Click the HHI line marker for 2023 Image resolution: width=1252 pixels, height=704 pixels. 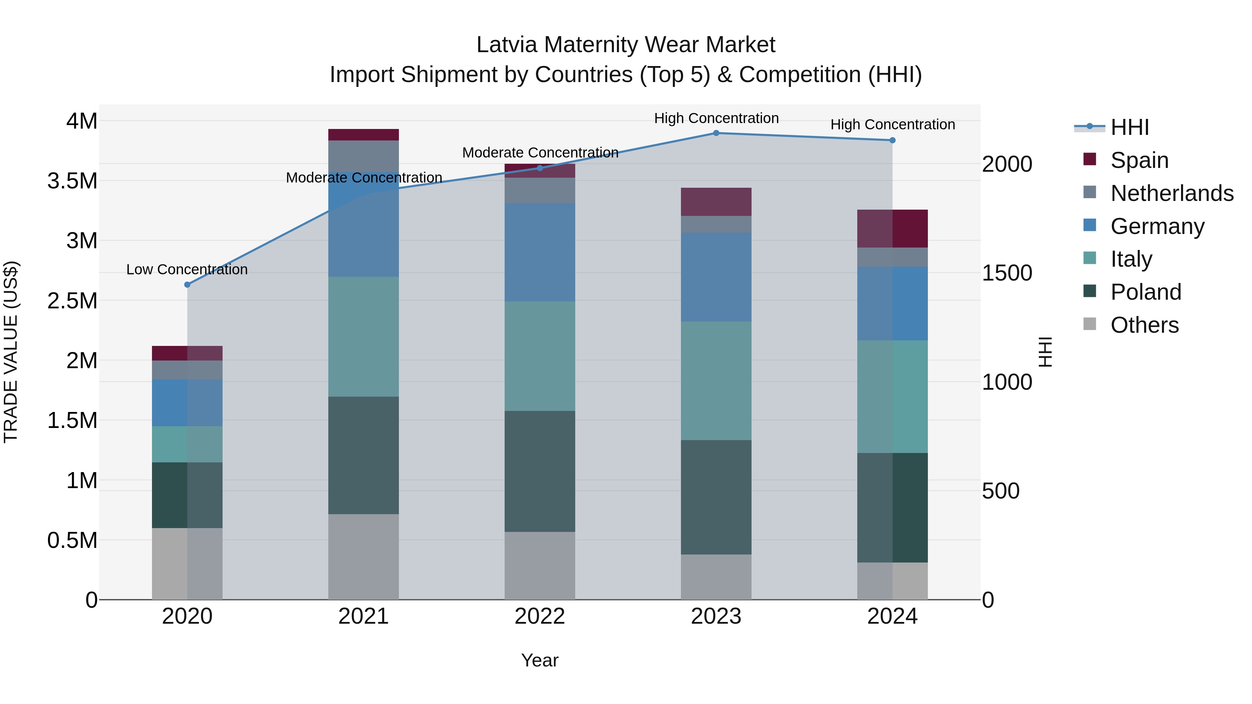[716, 133]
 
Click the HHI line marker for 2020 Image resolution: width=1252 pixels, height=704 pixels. [187, 285]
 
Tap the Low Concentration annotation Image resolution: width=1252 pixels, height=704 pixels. [187, 270]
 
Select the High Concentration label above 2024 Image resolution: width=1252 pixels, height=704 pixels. [892, 125]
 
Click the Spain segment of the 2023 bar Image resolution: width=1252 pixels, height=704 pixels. [716, 202]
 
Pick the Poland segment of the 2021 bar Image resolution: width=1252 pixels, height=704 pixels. [363, 455]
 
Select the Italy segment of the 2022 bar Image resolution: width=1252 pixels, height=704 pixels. [539, 356]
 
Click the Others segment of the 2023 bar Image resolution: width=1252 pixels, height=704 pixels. [716, 577]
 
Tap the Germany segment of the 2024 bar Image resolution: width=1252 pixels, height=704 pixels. [892, 304]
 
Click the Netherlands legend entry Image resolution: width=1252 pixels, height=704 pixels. [1171, 193]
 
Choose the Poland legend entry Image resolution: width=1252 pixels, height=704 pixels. [1145, 292]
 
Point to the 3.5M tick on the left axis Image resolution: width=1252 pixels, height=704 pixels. [72, 181]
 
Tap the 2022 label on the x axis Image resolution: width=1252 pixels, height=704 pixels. [539, 616]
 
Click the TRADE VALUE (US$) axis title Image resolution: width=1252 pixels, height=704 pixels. [11, 352]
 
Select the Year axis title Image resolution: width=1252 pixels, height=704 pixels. [539, 660]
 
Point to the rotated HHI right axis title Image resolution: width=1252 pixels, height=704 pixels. [1045, 352]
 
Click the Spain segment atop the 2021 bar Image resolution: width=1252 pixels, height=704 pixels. [363, 135]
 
